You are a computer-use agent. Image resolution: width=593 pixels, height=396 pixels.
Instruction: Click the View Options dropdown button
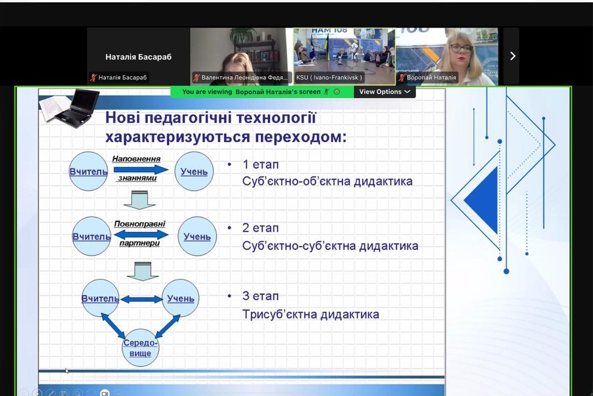(385, 92)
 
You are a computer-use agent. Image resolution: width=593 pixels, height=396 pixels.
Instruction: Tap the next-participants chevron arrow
(513, 56)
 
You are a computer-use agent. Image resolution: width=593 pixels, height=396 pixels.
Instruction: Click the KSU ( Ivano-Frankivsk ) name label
(329, 78)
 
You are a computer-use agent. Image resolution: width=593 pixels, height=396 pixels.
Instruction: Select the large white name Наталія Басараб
(138, 57)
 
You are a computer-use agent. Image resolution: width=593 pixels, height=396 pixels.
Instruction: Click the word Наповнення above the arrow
(136, 159)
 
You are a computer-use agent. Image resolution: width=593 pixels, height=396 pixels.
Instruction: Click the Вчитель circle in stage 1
(88, 171)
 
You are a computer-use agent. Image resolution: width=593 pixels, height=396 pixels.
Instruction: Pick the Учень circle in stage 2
(197, 236)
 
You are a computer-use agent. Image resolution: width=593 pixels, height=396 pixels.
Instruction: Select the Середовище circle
(140, 347)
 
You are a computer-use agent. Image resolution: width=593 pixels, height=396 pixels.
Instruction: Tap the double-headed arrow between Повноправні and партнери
(141, 234)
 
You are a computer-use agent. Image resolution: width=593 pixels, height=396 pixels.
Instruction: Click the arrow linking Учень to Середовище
(167, 326)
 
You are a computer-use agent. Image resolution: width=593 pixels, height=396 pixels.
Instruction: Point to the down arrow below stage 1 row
(140, 200)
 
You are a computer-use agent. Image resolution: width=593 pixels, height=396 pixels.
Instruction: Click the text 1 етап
(260, 164)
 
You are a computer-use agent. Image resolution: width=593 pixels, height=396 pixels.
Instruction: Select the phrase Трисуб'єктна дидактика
(310, 314)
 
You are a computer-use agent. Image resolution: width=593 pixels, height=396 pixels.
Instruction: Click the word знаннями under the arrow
(137, 178)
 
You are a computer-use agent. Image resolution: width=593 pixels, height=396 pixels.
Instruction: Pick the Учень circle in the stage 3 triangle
(181, 298)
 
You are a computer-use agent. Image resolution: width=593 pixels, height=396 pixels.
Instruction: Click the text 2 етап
(260, 228)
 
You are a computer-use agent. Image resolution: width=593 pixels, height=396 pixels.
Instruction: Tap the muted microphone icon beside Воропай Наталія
(402, 78)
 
